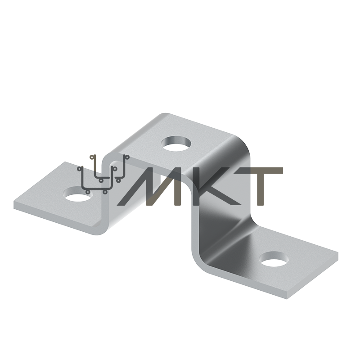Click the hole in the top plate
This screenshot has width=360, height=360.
pyautogui.click(x=176, y=144)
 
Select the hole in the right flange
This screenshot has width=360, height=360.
pyautogui.click(x=274, y=259)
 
